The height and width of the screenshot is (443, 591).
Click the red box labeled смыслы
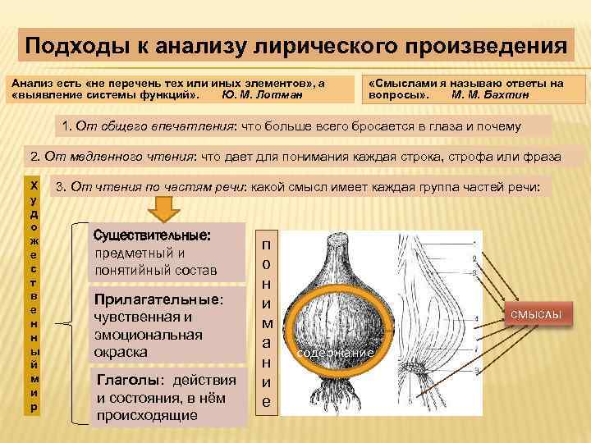(538, 315)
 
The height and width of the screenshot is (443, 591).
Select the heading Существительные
(153, 235)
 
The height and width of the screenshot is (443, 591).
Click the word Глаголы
(126, 380)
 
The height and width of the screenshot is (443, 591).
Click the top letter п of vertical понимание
(266, 245)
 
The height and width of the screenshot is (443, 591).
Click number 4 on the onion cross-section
(477, 317)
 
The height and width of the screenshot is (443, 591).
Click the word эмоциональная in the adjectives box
(148, 335)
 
